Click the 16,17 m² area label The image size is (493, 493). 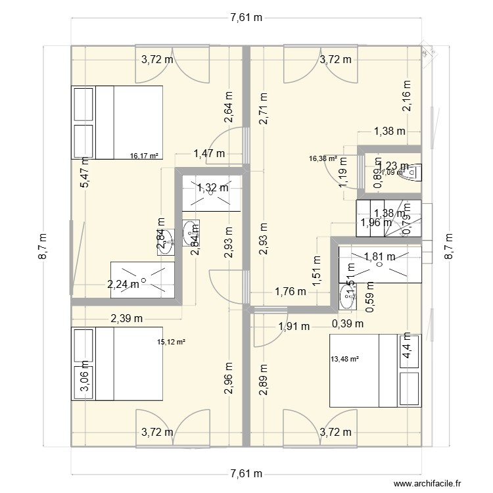145,156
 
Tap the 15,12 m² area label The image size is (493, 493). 172,342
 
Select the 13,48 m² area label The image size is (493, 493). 344,359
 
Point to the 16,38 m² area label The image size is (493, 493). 323,158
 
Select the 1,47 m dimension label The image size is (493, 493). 209,154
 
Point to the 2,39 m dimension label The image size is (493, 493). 126,319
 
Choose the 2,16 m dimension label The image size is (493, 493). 406,97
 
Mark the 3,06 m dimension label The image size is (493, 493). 83,381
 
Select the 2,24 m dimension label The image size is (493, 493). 124,284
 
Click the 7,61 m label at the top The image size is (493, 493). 246,18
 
